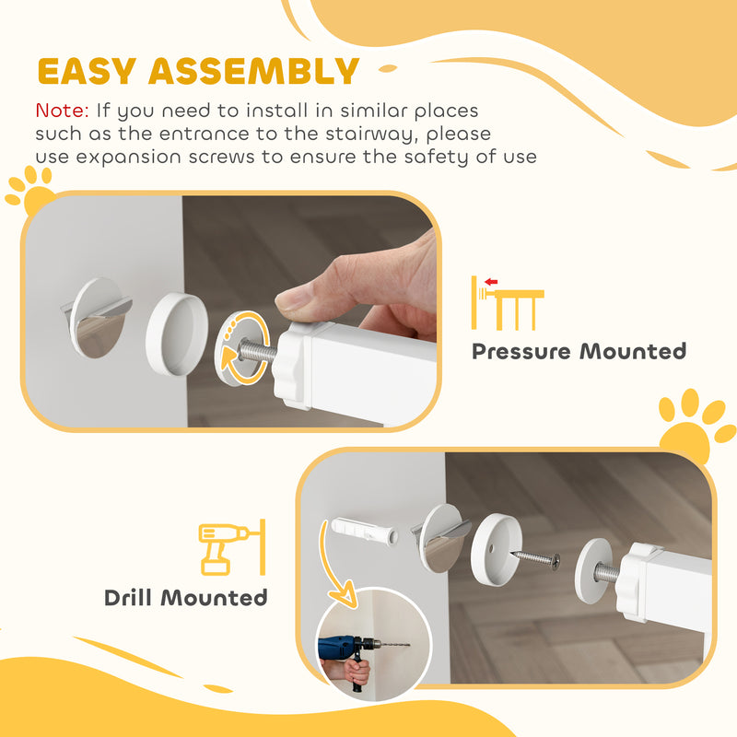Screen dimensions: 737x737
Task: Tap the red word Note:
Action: coord(62,111)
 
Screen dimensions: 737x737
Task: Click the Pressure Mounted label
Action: coord(579,351)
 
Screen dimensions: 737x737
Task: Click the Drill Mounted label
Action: coord(185,597)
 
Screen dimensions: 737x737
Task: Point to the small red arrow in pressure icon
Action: coord(490,282)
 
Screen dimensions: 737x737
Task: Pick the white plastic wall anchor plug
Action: coord(365,532)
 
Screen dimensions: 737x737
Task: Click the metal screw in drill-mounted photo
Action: coord(535,557)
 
